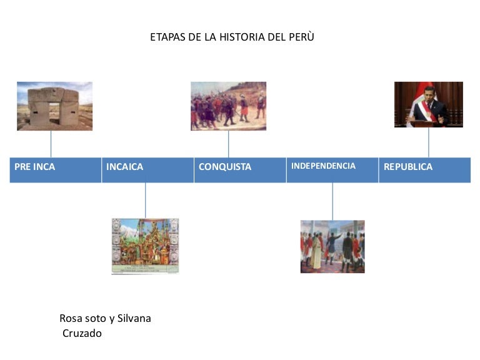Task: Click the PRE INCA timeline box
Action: click(55, 169)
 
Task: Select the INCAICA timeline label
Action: click(124, 167)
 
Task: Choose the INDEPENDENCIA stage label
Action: click(323, 166)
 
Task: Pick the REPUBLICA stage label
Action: click(407, 167)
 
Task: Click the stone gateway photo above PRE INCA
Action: click(54, 106)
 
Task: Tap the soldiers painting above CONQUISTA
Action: click(228, 106)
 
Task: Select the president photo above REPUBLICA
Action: click(428, 104)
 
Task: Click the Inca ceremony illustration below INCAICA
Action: click(145, 246)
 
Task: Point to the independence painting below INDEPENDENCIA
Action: click(332, 246)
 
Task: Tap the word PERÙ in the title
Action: click(302, 37)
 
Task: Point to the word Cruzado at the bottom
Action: click(82, 334)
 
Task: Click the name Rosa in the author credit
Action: click(71, 319)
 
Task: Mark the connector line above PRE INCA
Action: click(51, 144)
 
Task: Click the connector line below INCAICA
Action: click(146, 200)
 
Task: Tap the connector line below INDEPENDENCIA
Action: click(332, 201)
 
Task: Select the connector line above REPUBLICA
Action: click(429, 142)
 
